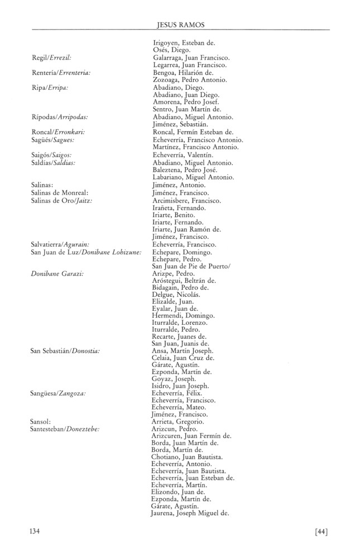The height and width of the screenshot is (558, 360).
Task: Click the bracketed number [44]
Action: coord(321,531)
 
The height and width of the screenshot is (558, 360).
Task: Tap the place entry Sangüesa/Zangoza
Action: coord(58,393)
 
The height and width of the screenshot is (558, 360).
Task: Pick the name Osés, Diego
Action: coord(172,50)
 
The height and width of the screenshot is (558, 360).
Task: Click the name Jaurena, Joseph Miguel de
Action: coord(191,513)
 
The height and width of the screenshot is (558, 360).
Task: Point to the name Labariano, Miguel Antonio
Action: coord(193,177)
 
